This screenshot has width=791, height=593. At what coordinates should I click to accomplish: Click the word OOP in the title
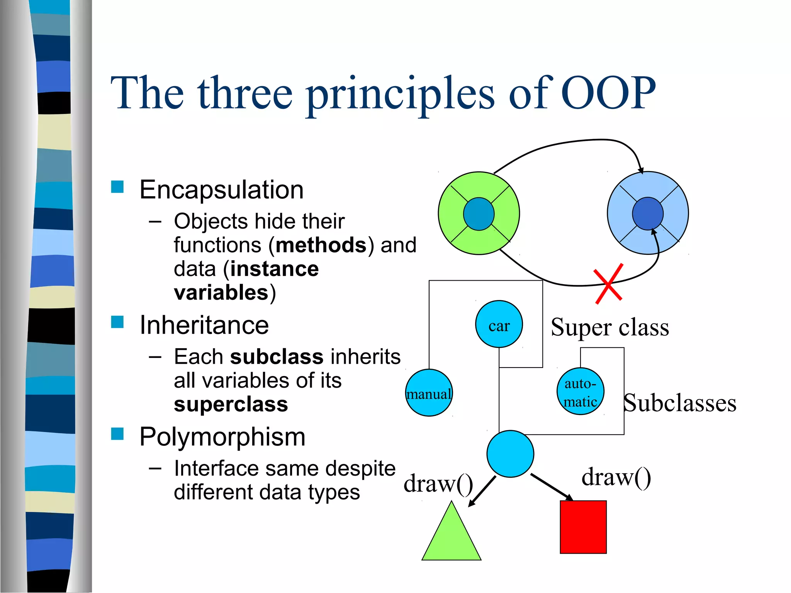coord(608,93)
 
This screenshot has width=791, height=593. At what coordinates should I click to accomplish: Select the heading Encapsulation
coord(221,190)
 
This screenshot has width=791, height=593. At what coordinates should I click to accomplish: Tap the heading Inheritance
coord(204,325)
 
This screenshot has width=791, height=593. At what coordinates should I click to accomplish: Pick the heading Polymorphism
coord(222,437)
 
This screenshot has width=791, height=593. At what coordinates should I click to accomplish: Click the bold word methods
coord(321,245)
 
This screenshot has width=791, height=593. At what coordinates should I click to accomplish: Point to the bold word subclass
coord(277,357)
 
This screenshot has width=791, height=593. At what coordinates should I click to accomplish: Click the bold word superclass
coord(231,405)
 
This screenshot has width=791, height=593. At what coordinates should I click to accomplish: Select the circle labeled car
coord(499,324)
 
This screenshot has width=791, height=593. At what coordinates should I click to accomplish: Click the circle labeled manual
coord(429,393)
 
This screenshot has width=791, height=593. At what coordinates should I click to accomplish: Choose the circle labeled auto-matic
coord(580,391)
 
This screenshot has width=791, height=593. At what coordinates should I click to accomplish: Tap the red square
coord(583,527)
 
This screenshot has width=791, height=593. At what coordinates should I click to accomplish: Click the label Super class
coord(609,327)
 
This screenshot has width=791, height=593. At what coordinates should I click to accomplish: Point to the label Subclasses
coord(680,403)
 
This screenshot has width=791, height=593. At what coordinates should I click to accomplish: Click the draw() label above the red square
coord(616,477)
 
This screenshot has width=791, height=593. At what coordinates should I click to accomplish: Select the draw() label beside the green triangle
coord(438,483)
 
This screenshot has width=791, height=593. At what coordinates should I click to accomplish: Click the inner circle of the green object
coord(479,214)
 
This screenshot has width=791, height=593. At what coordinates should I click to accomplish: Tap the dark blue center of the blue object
coord(648,213)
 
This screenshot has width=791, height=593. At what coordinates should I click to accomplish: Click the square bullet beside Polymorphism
coord(117,434)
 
